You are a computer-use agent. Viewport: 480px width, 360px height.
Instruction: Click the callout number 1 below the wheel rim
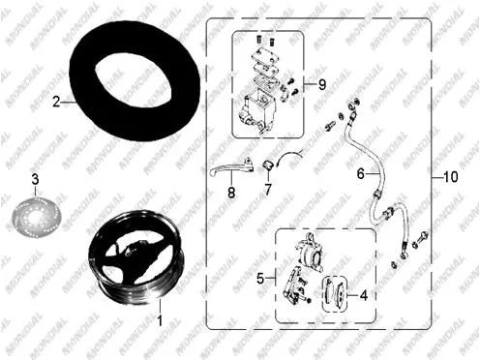point(160,320)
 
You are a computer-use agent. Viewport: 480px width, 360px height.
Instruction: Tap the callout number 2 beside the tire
point(57,103)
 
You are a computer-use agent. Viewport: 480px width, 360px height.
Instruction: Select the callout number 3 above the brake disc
point(35,179)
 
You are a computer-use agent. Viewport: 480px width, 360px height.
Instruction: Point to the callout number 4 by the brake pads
point(364,295)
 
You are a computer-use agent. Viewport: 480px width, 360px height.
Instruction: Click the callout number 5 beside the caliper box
point(260,278)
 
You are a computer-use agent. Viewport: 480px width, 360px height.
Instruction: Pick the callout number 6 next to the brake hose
point(360,174)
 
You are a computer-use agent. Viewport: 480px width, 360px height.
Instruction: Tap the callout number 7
point(268,189)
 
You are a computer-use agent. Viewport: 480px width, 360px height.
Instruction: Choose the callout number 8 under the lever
point(231,193)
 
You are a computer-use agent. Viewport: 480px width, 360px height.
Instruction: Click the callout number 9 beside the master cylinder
point(322,85)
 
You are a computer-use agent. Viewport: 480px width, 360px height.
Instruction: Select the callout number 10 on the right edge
point(451,177)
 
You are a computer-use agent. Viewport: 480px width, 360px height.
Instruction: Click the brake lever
point(231,166)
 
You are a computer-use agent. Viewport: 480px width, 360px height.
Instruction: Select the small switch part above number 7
point(268,165)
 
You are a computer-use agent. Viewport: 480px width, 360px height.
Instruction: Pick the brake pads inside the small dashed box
point(336,293)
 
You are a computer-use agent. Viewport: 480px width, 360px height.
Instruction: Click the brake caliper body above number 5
point(310,255)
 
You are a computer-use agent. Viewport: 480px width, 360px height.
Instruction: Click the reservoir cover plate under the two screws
point(265,55)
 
